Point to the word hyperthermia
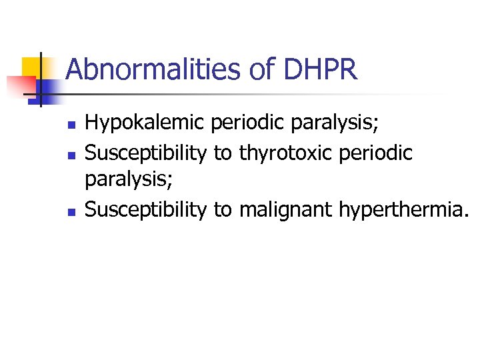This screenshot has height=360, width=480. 404,210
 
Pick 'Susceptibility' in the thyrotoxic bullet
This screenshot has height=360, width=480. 146,153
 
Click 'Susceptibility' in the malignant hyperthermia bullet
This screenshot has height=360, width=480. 146,210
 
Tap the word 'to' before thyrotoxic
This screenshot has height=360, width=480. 223,153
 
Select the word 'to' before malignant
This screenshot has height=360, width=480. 223,210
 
